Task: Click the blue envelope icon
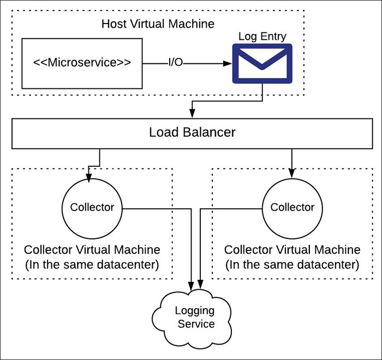[x=262, y=64]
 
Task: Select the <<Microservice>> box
[x=82, y=63]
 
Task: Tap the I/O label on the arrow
[x=175, y=63]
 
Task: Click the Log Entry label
[x=262, y=37]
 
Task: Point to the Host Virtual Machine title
[x=158, y=24]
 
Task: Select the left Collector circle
[x=92, y=207]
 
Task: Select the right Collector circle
[x=292, y=207]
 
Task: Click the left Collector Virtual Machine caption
[x=92, y=250]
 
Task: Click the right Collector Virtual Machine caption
[x=292, y=250]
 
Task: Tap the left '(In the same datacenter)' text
[x=92, y=265]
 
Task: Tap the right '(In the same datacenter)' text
[x=292, y=265]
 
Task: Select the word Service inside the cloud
[x=194, y=324]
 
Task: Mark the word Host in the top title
[x=113, y=24]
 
